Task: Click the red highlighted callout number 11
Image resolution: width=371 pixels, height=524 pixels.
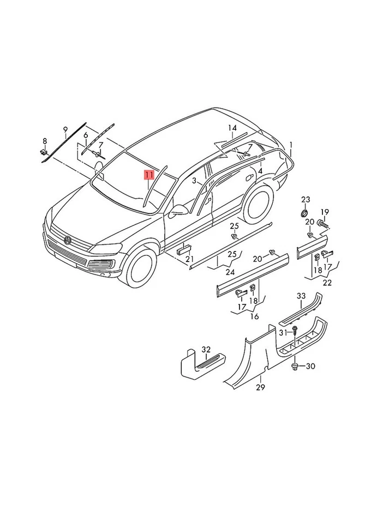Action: tap(149, 175)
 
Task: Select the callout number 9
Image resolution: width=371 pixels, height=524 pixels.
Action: tap(65, 129)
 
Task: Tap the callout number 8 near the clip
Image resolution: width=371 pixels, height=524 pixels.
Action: tap(45, 141)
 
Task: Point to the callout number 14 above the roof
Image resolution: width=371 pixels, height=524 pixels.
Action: tap(232, 128)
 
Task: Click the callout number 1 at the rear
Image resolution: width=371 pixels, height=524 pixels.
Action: tap(291, 146)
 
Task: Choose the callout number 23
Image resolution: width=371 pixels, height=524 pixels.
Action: tap(306, 199)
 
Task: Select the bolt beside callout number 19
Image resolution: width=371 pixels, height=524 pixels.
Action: tap(322, 223)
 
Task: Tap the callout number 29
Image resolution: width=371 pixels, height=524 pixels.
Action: tap(260, 387)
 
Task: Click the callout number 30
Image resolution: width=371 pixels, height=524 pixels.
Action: tap(310, 366)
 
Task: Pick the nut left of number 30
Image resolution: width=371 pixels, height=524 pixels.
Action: tap(295, 365)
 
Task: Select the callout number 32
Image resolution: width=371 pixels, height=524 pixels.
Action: tap(206, 349)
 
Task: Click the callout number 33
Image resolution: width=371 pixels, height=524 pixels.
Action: tap(301, 296)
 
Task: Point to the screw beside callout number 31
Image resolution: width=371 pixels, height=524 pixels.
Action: tap(295, 330)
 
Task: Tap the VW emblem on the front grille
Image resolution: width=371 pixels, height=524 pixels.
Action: tap(68, 240)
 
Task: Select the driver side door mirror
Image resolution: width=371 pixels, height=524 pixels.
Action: tap(178, 211)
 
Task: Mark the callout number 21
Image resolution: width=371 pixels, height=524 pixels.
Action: tap(189, 259)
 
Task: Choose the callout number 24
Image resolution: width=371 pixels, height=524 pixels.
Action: tap(231, 271)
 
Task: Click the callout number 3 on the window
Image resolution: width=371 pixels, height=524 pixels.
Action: tap(193, 181)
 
